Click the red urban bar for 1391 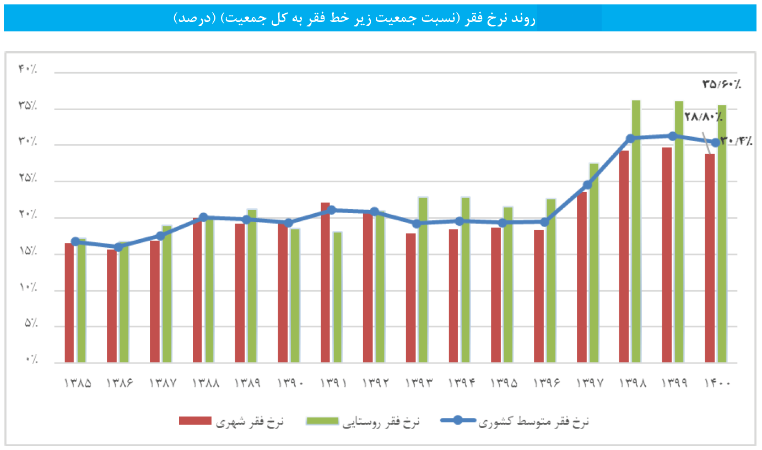point(325,283)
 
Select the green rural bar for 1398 point(636,231)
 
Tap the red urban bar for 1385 point(69,302)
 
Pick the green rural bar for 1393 point(423,280)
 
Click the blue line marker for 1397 point(587,185)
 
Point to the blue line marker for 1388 point(203,218)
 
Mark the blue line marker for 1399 point(672,136)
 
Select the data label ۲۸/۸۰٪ point(703,117)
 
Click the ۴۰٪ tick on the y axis point(28,69)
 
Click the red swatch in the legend point(195,421)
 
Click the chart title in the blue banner point(354,18)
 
